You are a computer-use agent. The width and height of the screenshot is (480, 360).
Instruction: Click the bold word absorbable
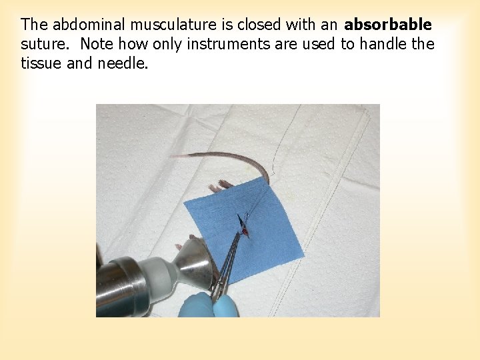(x=388, y=25)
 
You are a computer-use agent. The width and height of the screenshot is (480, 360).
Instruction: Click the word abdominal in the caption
(x=89, y=25)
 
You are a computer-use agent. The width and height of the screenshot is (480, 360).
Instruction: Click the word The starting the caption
(x=35, y=25)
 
